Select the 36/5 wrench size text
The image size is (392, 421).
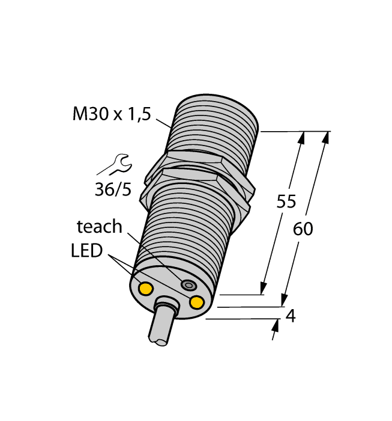tap(112, 189)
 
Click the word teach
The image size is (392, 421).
tap(99, 227)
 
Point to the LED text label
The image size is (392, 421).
tap(86, 250)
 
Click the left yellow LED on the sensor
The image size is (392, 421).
tap(145, 289)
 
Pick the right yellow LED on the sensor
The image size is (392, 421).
tap(196, 302)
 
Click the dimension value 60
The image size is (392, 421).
tap(304, 229)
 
